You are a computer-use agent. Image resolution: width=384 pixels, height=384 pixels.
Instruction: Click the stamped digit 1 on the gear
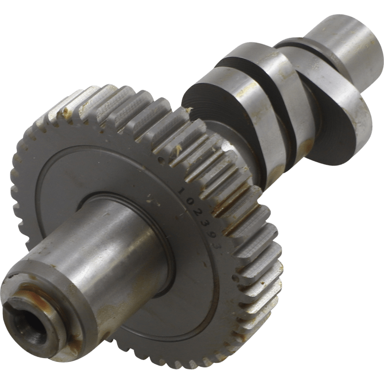click(181, 191)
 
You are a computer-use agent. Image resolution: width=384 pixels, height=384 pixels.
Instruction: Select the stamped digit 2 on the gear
click(198, 212)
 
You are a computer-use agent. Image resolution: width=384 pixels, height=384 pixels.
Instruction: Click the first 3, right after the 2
click(205, 223)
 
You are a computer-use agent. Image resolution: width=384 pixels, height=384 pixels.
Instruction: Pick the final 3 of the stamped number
click(217, 246)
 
